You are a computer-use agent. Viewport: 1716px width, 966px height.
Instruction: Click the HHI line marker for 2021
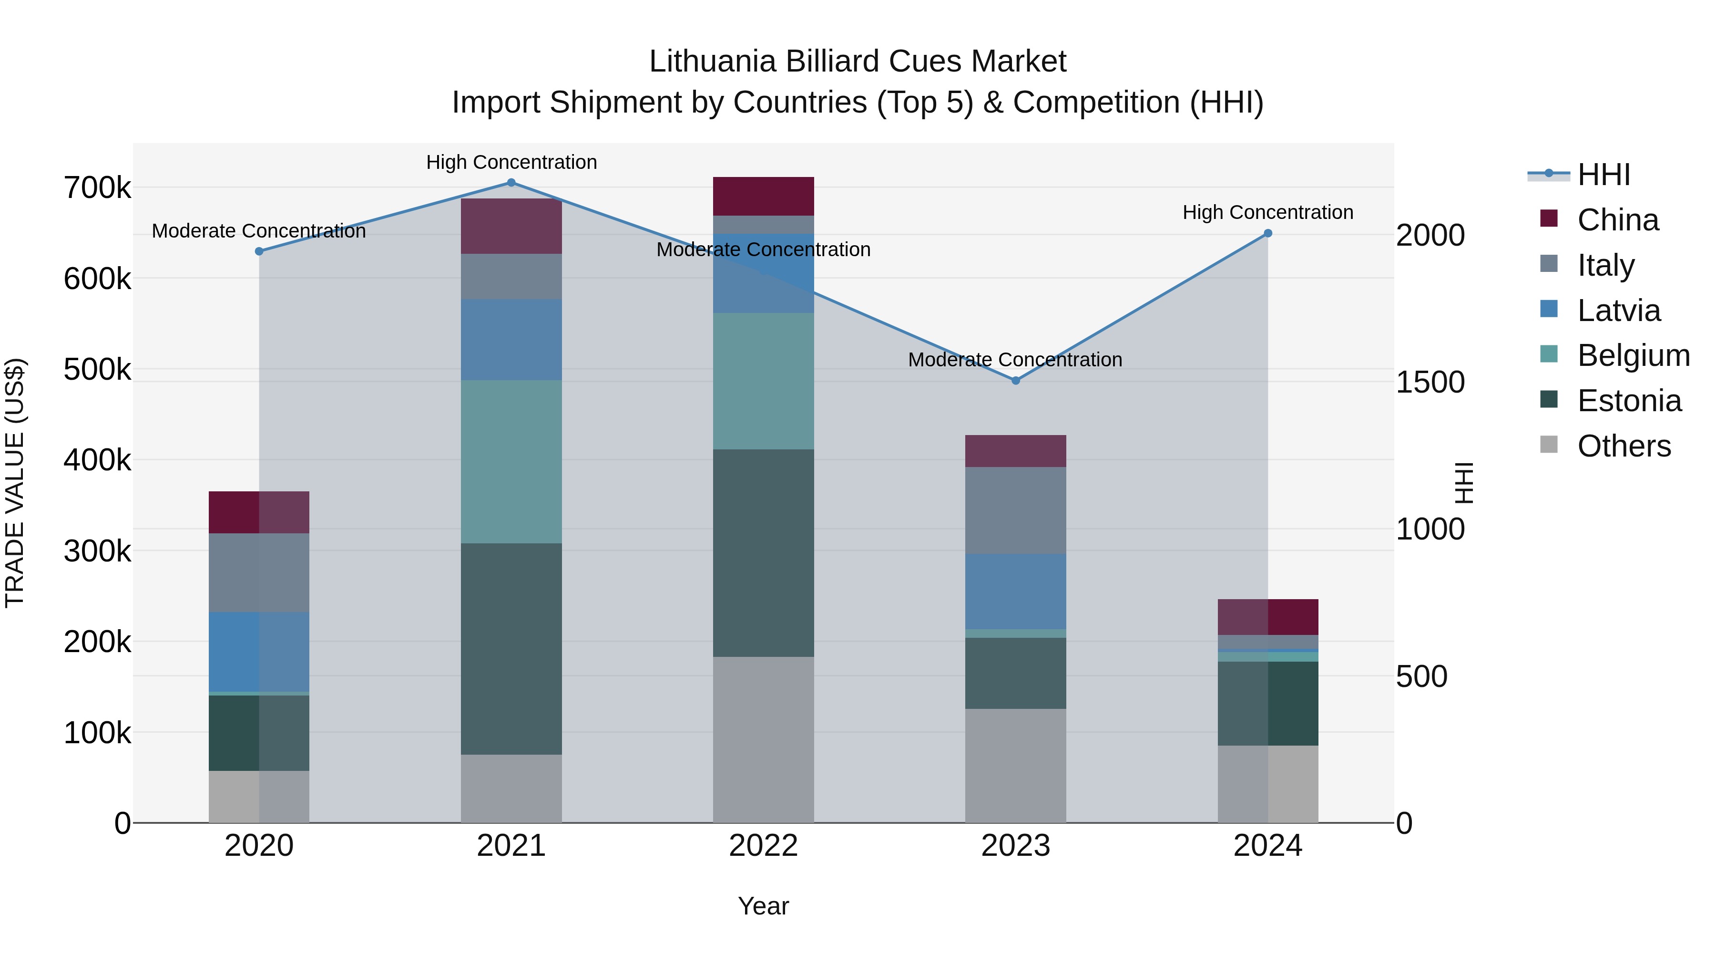tap(511, 183)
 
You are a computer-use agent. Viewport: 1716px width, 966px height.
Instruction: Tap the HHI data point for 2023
tap(1015, 381)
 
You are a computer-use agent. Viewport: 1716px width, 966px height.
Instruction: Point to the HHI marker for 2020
tap(259, 251)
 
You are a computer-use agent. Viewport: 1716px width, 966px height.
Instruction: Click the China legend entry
tap(1617, 220)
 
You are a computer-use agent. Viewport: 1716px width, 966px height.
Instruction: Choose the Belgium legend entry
tap(1633, 355)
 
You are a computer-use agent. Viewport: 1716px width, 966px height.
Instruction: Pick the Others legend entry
tap(1624, 446)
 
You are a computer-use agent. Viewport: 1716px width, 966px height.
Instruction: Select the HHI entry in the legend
tap(1604, 175)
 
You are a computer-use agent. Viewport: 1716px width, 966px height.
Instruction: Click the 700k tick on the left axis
tap(97, 188)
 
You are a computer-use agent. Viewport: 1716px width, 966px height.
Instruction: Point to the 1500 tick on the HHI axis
tap(1430, 382)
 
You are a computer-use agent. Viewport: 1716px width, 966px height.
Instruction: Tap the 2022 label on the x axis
tap(764, 846)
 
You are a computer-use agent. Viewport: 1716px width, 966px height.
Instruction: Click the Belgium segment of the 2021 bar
tap(511, 461)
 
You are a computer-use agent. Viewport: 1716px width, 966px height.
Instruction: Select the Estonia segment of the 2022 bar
tap(764, 553)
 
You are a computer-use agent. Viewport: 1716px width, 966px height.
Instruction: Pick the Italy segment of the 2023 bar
tap(1015, 510)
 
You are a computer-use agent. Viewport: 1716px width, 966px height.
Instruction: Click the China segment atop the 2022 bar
tap(764, 196)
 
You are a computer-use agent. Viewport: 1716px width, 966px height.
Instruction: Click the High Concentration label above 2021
tap(511, 162)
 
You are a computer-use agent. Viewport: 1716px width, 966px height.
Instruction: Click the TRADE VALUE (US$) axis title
tap(15, 483)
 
